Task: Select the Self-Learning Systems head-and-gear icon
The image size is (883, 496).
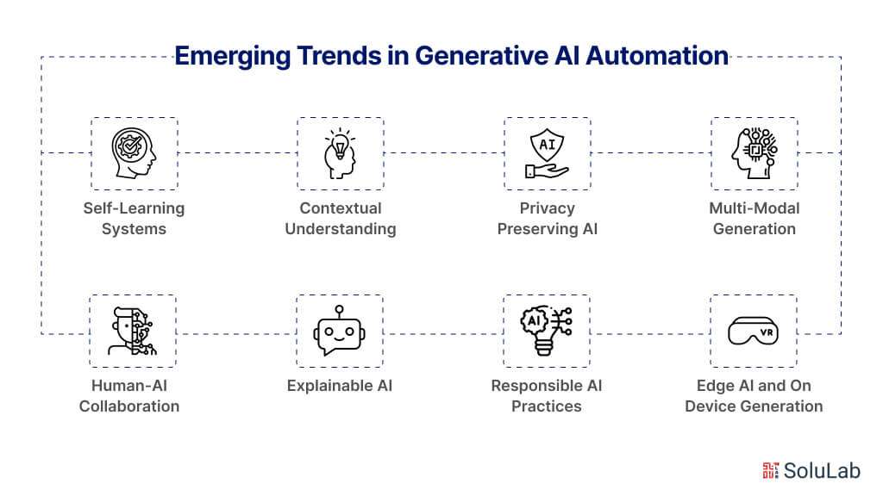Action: pos(135,153)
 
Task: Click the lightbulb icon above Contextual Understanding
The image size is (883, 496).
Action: pos(340,153)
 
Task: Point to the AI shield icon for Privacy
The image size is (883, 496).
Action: pos(547,153)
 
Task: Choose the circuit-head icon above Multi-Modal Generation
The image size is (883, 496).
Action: pos(754,153)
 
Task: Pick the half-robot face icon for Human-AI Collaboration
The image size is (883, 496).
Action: pos(133,331)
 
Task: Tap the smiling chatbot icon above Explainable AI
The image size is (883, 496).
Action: pos(340,331)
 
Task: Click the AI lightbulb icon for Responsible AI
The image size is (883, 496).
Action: pos(547,331)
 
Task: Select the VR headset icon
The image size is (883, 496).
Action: pos(754,331)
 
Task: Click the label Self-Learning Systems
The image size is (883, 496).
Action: pos(134,219)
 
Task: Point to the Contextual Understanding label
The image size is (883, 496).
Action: pos(341,219)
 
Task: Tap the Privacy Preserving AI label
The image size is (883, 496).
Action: pos(548,219)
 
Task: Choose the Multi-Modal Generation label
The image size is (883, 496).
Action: pos(755,219)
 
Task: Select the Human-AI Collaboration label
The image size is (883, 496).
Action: pos(129,396)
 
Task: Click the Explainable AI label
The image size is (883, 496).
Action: pos(340,386)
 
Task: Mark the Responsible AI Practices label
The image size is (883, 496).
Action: pos(547,396)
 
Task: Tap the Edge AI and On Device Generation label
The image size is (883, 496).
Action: pos(754,396)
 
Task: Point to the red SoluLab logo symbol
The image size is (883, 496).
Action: pos(771,469)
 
